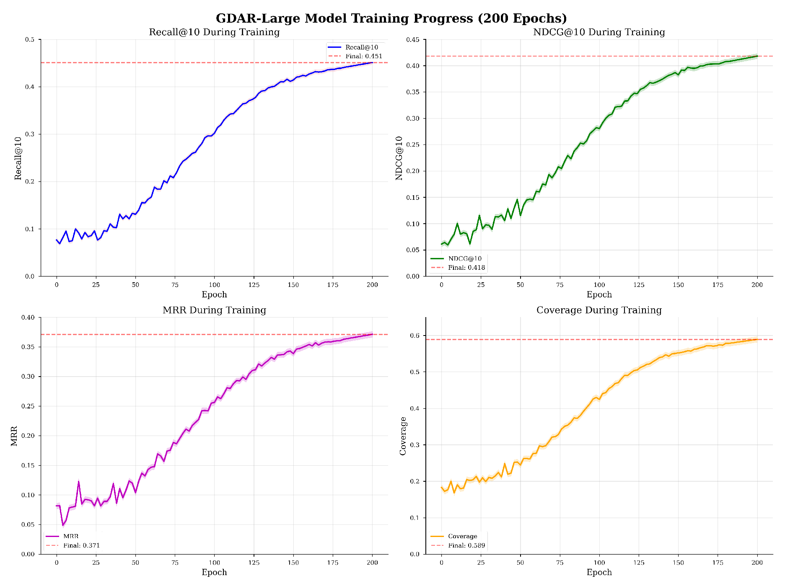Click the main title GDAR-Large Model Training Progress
point(391,18)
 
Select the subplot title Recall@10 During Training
point(214,32)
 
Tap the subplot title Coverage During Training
point(599,310)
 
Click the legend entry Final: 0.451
point(363,56)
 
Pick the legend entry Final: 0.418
point(466,268)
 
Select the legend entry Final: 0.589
point(466,545)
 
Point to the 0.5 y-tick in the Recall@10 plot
point(30,40)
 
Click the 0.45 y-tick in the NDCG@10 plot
point(413,40)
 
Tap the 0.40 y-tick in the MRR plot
point(28,318)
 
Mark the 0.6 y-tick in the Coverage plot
point(415,336)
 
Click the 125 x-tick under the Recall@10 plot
point(254,285)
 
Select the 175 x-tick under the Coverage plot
point(718,563)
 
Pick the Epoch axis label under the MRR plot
point(214,572)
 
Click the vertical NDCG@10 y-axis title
point(399,158)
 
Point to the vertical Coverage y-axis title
point(403,436)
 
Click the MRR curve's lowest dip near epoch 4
point(63,525)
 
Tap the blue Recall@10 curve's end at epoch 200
point(372,62)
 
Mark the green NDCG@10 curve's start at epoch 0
point(442,244)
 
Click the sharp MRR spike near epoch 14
point(78,482)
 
